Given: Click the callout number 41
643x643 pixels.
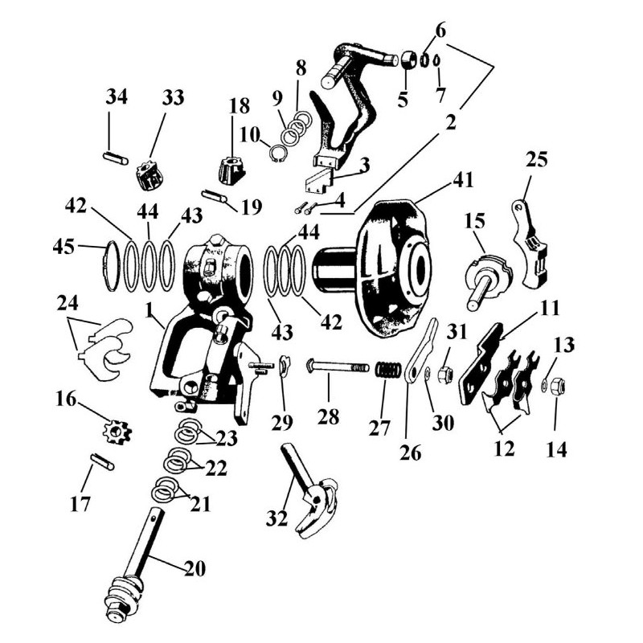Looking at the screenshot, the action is tap(464, 179).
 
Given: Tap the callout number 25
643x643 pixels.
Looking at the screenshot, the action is tap(536, 159).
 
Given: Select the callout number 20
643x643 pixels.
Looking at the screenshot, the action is tap(195, 568).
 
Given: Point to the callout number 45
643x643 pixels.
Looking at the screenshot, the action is tap(64, 247).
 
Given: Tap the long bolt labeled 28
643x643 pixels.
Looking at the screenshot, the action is tap(338, 366).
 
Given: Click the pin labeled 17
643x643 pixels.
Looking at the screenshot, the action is tap(103, 461).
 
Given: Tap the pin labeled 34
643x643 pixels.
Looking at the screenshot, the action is tap(115, 158).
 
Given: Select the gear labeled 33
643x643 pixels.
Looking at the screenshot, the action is tap(148, 176).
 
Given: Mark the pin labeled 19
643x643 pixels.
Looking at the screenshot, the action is tap(215, 195).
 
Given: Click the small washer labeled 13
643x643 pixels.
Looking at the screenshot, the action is tap(544, 383).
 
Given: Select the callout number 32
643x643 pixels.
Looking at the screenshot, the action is tap(276, 518).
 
